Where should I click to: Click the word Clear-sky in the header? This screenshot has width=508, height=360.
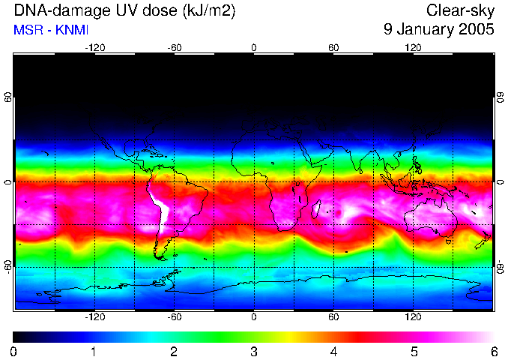460,10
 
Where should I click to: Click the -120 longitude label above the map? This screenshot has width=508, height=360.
94,47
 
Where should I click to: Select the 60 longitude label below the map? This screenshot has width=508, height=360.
333,317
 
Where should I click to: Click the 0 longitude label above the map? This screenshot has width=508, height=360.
254,47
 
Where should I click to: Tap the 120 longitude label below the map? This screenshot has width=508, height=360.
413,317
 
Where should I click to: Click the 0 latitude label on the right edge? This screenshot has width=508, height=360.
500,182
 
